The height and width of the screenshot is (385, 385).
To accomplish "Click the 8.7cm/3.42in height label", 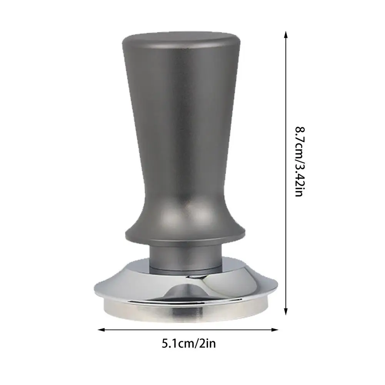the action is pos(300,162).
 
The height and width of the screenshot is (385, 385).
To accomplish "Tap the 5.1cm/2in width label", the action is pos(188,343).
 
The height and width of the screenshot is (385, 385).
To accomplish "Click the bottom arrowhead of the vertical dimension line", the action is pos(285,312).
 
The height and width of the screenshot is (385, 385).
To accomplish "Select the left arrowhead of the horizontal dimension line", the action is pos(101,330).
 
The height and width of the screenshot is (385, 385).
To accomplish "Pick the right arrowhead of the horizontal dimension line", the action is pos(275,330).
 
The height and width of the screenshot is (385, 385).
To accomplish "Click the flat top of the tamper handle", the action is pos(181,39).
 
